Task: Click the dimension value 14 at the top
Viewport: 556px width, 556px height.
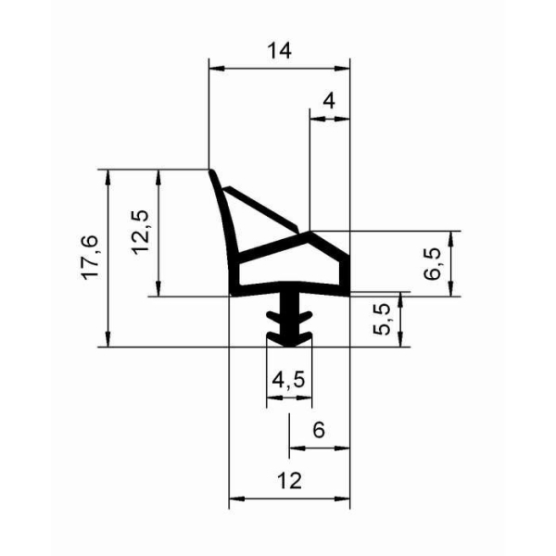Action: click(279, 52)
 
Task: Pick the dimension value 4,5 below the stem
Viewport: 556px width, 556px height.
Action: click(288, 381)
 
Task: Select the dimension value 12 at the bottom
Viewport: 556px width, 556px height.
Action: click(288, 481)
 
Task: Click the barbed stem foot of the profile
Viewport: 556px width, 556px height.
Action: click(289, 321)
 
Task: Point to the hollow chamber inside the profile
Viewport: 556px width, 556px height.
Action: click(287, 273)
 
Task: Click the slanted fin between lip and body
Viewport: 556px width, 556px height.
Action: click(264, 208)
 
